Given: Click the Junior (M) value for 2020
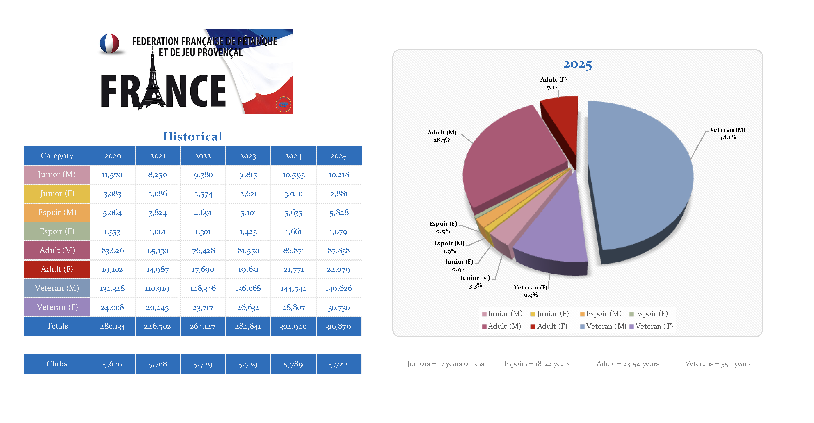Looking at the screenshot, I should pyautogui.click(x=112, y=175).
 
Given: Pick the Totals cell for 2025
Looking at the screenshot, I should pyautogui.click(x=338, y=326).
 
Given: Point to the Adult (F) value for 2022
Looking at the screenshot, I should pyautogui.click(x=203, y=269).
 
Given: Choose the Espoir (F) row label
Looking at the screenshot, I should pyautogui.click(x=57, y=232).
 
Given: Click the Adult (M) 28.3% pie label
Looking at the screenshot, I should pyautogui.click(x=442, y=136).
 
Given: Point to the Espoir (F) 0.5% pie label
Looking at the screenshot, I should pyautogui.click(x=443, y=227).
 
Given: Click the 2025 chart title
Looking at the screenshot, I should pyautogui.click(x=577, y=64).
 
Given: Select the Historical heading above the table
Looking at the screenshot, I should pyautogui.click(x=192, y=136).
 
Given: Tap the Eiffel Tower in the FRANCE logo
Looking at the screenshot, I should pyautogui.click(x=153, y=85).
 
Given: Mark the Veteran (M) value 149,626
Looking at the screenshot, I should pyautogui.click(x=338, y=288).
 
